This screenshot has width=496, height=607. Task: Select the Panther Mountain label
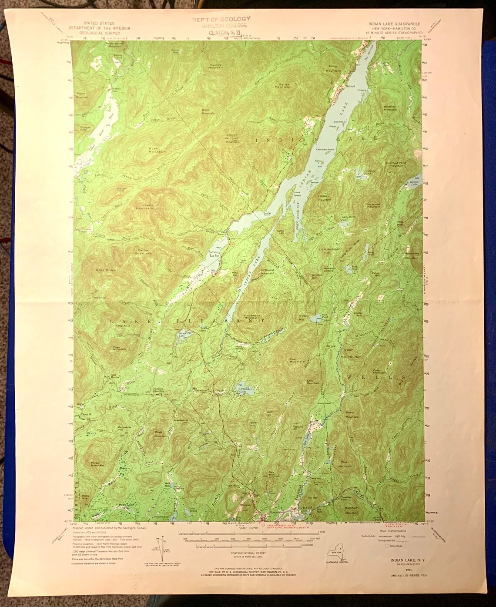[x=215, y=67]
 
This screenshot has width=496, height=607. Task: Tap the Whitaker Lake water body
[x=240, y=389]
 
